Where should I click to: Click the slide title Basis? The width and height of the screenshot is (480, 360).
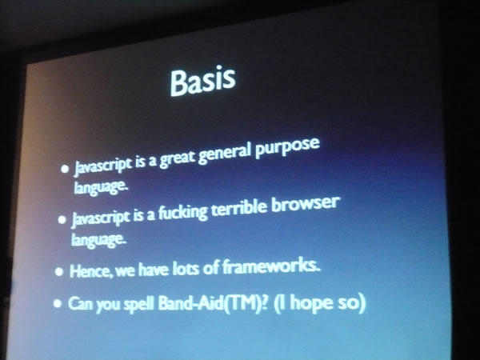point(203,81)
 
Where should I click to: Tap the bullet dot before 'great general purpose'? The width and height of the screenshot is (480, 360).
point(65,169)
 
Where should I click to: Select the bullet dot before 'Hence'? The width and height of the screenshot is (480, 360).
point(59,271)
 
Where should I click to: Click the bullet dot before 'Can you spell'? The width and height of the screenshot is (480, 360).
point(58,303)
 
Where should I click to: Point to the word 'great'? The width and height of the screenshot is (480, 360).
point(178,159)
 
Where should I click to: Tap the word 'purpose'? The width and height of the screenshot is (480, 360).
point(287,148)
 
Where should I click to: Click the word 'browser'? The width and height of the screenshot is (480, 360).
point(306,204)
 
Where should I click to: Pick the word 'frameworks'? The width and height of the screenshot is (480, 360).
point(271,266)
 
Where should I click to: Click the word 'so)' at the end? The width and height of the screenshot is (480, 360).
point(352,303)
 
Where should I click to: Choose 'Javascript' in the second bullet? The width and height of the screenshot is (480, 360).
point(100,218)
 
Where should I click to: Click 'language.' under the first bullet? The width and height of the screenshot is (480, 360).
point(100,186)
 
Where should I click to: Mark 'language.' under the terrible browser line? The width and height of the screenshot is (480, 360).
point(98,239)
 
